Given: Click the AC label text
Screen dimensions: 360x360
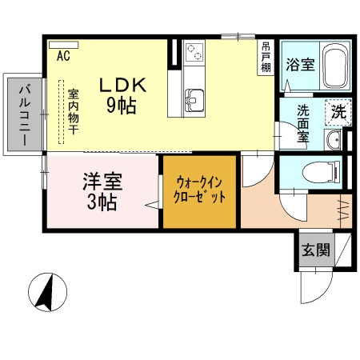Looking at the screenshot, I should coord(63,56).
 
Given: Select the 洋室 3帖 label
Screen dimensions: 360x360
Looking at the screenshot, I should coord(102,192).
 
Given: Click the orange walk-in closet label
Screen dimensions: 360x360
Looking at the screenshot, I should coord(201,191).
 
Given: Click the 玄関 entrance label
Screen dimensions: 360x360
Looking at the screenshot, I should coord(316,250).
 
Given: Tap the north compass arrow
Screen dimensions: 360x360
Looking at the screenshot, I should coord(49,291).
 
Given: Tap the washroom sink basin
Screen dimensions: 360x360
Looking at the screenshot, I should coord(335,139).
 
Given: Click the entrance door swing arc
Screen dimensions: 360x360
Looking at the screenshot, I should coord(324,284).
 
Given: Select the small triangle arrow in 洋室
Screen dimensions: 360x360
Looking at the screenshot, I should coord(151,206).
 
